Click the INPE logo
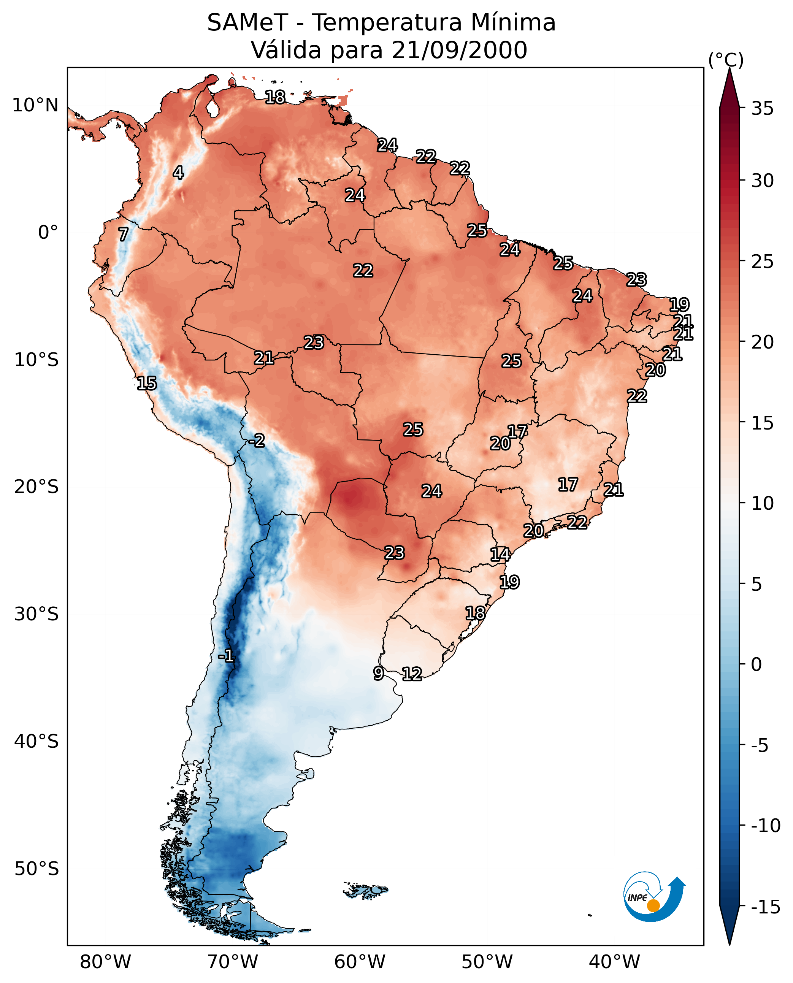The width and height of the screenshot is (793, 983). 654,897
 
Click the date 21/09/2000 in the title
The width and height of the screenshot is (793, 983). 459,50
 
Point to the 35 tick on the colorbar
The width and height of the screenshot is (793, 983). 762,109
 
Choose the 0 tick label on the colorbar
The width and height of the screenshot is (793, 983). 757,664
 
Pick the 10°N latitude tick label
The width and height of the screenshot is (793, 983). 35,106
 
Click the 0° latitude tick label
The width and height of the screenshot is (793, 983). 48,233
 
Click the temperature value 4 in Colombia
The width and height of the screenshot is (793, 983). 178,173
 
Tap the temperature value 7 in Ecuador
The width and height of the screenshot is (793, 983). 123,234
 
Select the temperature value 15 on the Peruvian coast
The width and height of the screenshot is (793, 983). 147,383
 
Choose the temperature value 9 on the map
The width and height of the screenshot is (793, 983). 378,673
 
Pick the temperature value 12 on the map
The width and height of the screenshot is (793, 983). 412,674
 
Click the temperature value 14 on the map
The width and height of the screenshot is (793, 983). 500,555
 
